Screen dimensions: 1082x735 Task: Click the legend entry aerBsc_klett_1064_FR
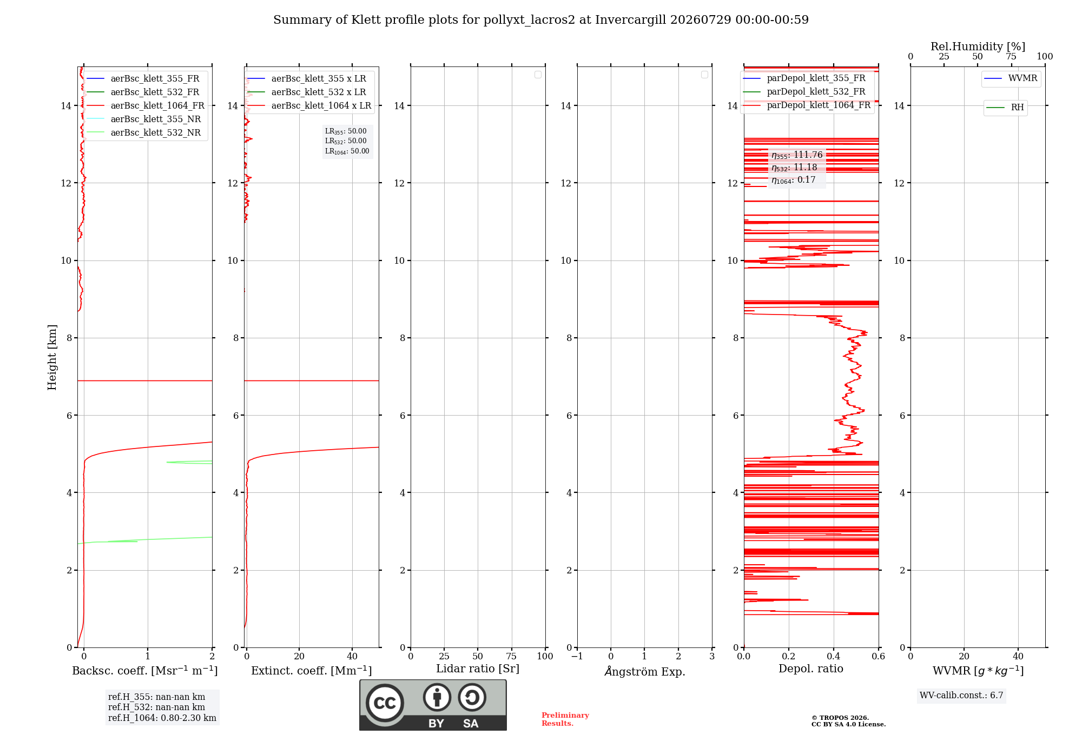pos(146,105)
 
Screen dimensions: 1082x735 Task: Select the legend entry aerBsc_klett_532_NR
pos(143,132)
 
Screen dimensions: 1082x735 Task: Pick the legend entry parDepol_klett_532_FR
pos(804,91)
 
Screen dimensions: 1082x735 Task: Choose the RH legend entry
pos(1005,108)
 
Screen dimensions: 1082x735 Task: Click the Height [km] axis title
pos(52,357)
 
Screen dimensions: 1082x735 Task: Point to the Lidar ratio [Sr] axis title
pos(478,669)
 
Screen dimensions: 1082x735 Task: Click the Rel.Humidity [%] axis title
pos(978,46)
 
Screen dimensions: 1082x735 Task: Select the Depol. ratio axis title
pos(811,669)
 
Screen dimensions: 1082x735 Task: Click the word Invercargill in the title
pos(631,20)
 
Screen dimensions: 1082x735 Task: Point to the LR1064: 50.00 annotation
pos(347,151)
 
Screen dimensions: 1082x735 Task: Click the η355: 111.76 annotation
pos(797,155)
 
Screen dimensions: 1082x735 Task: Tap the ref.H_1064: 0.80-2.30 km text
pos(162,718)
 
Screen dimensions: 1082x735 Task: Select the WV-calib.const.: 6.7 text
pos(961,695)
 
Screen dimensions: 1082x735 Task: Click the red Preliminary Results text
pos(565,719)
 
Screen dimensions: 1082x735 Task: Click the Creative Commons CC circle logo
pos(385,703)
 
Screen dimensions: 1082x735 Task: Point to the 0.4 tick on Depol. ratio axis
pos(834,656)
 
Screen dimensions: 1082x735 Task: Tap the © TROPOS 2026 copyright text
pos(840,718)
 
